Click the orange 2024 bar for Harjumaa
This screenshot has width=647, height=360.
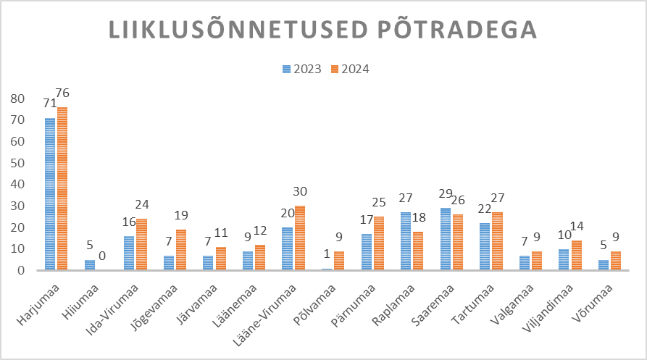click(62, 188)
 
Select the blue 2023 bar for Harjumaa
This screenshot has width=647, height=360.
click(49, 193)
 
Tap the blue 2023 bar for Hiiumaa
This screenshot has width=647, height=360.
click(89, 264)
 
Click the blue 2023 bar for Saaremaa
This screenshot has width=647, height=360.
click(446, 239)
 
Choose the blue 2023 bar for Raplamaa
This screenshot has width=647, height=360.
click(406, 241)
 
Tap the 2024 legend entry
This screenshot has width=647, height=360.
click(351, 69)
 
